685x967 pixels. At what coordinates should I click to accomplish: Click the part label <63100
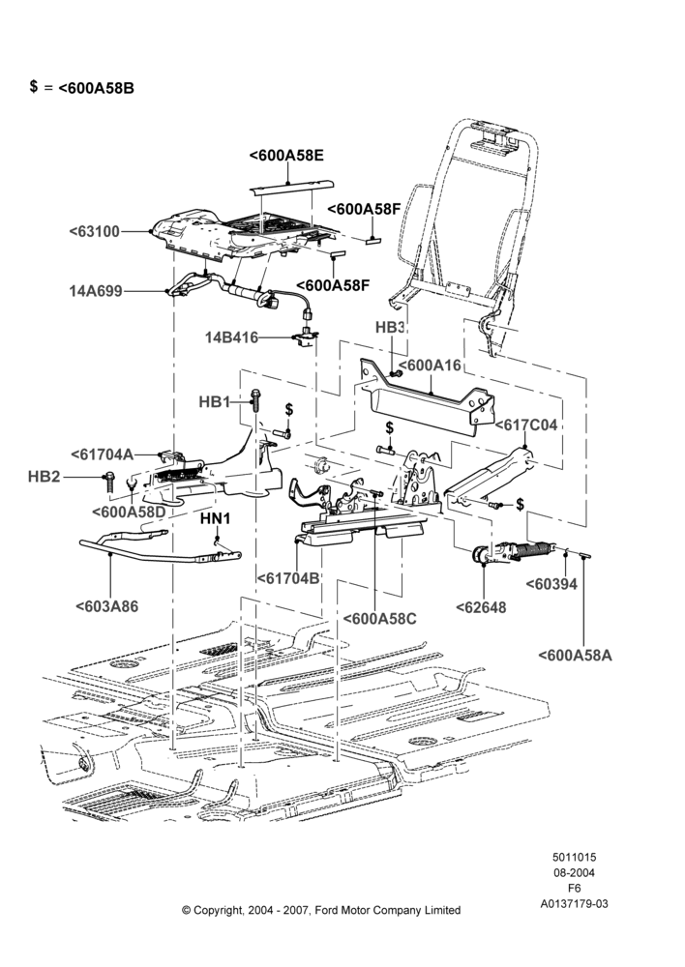coord(95,232)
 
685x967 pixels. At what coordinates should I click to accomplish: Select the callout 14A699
coord(96,291)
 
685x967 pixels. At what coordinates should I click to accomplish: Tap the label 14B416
coord(231,337)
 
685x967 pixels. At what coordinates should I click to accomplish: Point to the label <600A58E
coord(286,156)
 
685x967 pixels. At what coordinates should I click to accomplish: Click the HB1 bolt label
coord(214,402)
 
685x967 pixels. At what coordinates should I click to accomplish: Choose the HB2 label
coord(45,477)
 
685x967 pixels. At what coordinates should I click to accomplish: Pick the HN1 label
coord(215,518)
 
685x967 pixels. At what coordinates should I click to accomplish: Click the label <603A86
coord(106,606)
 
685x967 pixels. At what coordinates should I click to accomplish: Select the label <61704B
coord(288,578)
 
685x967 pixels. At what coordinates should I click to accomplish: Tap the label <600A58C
coord(379,619)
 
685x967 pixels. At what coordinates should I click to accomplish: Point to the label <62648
coord(481,607)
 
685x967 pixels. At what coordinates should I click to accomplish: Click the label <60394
coord(551,583)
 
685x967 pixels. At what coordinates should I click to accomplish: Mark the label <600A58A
coord(575,655)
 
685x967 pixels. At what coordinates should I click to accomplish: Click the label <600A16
coord(430,366)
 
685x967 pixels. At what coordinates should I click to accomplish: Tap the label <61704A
coord(102,454)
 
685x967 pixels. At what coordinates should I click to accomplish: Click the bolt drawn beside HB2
coord(108,481)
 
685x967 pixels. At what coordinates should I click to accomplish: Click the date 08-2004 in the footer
coord(574,872)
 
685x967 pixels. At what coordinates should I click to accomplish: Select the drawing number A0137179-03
coord(574,904)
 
